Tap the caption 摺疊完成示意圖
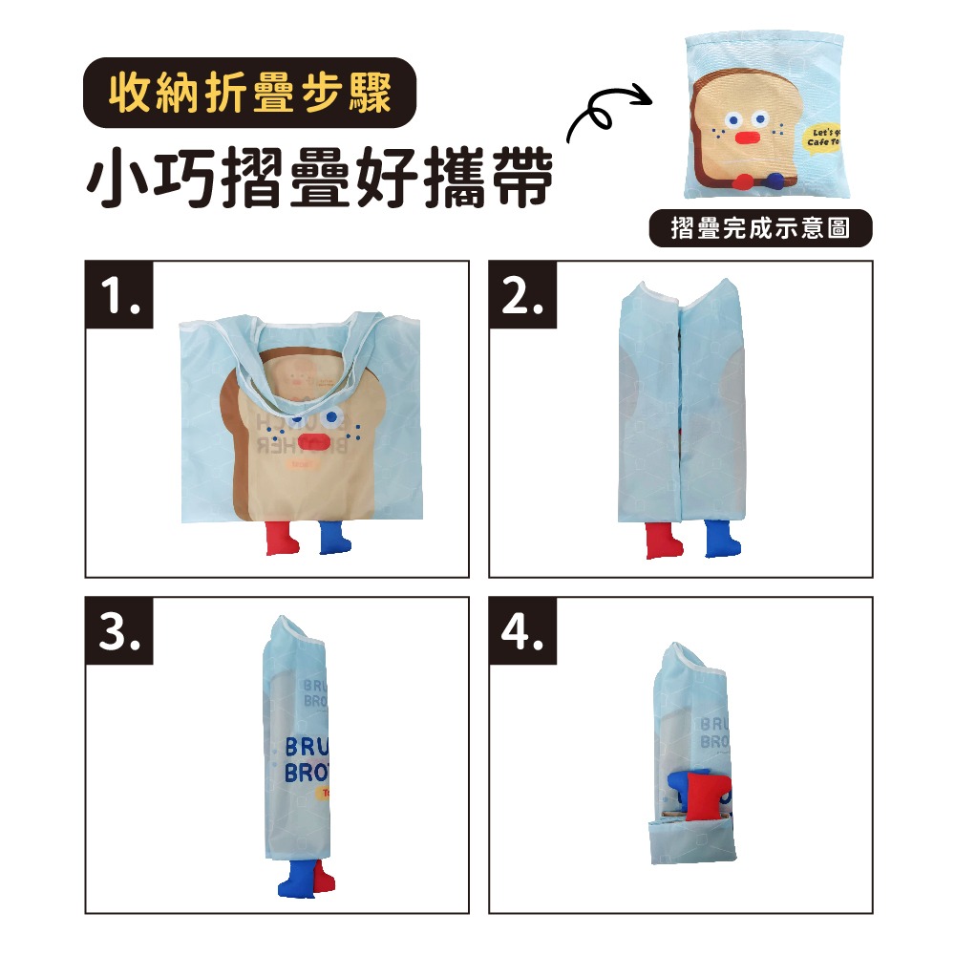click(x=760, y=229)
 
